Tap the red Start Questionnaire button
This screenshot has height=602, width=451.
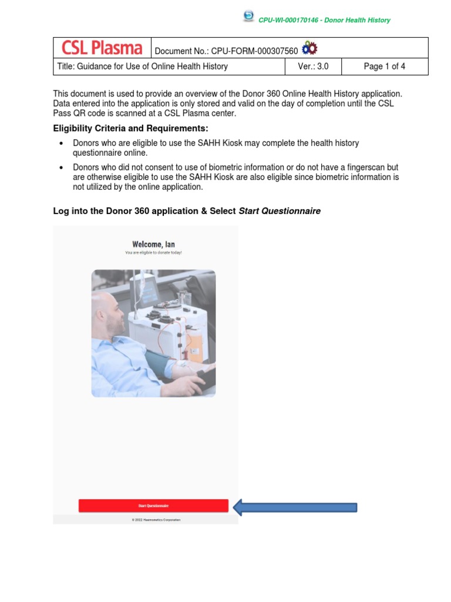153,506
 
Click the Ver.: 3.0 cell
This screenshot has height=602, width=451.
313,66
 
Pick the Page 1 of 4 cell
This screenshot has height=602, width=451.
384,66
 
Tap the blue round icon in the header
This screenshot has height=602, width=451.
248,16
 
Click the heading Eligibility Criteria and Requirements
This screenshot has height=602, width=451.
130,128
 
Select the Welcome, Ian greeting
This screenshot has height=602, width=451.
153,245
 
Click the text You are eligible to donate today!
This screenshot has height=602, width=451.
153,253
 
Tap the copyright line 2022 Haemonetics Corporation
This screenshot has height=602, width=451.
156,520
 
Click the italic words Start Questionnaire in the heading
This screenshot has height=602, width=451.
280,210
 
